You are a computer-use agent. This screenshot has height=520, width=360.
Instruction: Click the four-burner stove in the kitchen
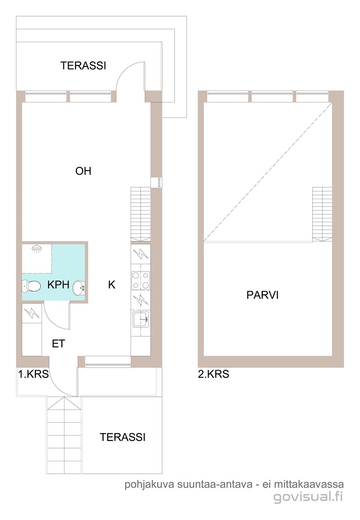coord(140,280)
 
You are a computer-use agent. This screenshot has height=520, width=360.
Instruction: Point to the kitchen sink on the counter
coord(140,319)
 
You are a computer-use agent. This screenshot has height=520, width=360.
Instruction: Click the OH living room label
coord(83,171)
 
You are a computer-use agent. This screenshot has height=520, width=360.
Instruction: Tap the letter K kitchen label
coord(111,284)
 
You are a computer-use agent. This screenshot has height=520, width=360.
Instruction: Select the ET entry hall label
coord(58,344)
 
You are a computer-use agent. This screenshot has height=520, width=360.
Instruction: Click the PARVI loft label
coord(262,295)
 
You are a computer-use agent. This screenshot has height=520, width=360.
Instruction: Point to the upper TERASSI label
coord(83,66)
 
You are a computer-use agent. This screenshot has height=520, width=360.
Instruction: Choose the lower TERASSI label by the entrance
coord(122,437)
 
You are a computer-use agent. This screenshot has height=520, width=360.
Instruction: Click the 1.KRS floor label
coord(33,374)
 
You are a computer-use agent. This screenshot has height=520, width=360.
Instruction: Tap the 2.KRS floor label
coord(213,374)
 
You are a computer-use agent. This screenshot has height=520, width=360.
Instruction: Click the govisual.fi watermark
coord(308,497)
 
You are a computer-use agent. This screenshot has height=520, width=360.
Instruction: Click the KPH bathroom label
coord(58,284)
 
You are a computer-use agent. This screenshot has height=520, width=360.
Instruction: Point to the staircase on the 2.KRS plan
coord(322,214)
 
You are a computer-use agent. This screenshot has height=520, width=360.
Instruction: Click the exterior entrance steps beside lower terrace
coord(63,435)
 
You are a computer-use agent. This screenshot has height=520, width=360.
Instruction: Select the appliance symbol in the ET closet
coord(32,314)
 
